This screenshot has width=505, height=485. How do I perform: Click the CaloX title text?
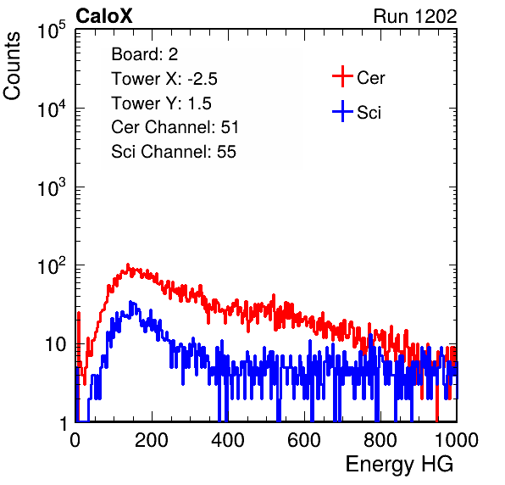coord(103,16)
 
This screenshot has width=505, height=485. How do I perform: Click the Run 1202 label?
coord(415,16)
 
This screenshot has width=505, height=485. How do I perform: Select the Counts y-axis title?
coord(12,66)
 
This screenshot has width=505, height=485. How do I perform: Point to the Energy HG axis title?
coord(399,465)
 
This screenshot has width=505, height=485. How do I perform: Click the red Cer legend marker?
coord(342,76)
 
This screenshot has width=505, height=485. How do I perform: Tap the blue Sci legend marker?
coord(342,111)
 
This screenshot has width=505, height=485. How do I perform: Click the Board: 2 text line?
coord(145,54)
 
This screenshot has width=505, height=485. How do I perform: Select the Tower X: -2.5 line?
coord(164,79)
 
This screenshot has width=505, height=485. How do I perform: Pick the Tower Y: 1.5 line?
coord(161,103)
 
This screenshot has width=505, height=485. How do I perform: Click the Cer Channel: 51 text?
coord(175,127)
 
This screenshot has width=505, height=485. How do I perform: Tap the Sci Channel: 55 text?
coord(174,152)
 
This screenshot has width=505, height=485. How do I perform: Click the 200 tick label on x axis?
coord(152,440)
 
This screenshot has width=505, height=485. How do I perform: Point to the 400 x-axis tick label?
coord(228,440)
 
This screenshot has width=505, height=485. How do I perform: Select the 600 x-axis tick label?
coord(304,440)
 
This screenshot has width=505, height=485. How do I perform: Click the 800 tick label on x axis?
coord(380,440)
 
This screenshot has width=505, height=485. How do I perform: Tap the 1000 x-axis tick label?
coord(457,440)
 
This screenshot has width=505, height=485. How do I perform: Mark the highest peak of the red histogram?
coord(128,265)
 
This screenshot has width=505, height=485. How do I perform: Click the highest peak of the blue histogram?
coord(130,302)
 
